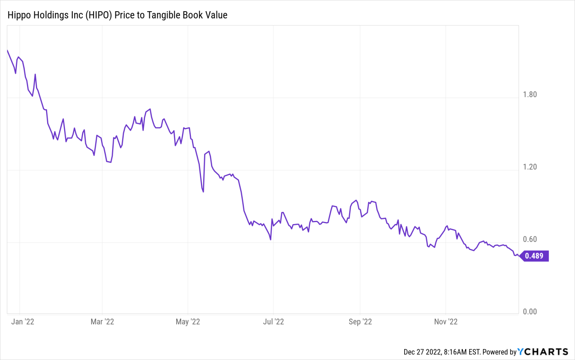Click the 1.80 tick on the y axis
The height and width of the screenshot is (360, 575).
coord(529,95)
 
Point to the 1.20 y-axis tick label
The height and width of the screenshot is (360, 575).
coord(529,167)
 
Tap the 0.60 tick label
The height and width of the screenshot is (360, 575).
coord(529,239)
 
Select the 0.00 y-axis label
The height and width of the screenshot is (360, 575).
coord(529,312)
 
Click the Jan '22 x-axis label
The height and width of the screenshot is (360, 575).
coord(23,322)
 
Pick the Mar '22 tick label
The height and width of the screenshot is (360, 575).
coord(102,322)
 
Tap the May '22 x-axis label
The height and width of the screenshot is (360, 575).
coord(188,322)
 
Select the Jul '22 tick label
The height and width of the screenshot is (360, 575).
coord(273,322)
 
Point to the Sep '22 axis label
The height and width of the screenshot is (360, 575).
coord(360,322)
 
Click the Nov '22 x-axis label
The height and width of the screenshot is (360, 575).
coord(446,322)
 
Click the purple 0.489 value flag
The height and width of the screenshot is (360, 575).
coord(534,256)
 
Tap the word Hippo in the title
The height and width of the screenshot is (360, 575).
coord(18,15)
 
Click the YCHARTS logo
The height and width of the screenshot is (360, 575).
coord(543,352)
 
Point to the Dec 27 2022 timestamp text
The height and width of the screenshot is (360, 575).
coord(422,352)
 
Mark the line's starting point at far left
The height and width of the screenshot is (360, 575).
coord(7,50)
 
